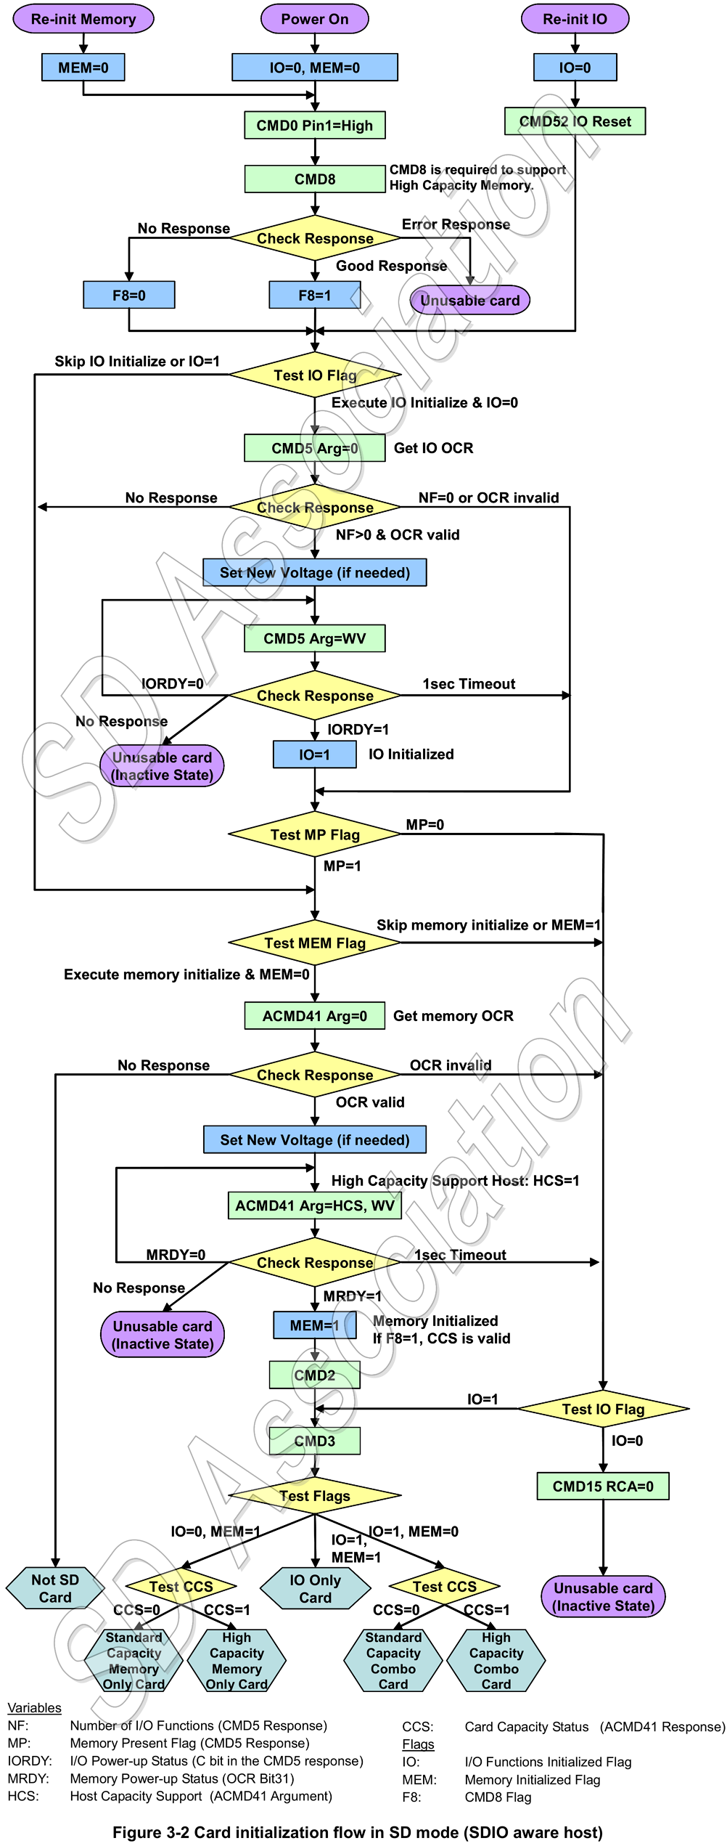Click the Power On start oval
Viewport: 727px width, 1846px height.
tap(314, 19)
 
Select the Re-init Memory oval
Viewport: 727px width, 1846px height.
tap(83, 19)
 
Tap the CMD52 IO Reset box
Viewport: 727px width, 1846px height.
tap(575, 121)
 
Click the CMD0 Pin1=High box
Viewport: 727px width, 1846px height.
tap(314, 125)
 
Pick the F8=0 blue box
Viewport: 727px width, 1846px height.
tap(128, 295)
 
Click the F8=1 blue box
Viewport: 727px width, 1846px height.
tap(314, 295)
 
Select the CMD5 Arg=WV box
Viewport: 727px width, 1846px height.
tap(314, 638)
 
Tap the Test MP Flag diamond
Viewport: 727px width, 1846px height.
tap(314, 834)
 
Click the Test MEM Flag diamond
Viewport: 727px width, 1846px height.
tap(314, 943)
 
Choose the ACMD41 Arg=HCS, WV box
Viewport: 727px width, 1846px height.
tap(314, 1205)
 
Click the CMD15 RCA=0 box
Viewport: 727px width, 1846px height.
tap(602, 1486)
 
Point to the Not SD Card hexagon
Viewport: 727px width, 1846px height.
tap(55, 1588)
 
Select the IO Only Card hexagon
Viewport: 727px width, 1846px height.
tap(315, 1588)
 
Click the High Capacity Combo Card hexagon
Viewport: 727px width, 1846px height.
tap(496, 1660)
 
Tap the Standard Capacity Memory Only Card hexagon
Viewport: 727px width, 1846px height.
tap(134, 1660)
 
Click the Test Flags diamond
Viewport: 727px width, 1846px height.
tap(314, 1496)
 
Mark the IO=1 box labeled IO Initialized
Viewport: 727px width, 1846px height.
tap(314, 754)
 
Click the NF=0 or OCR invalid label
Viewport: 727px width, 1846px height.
tap(488, 497)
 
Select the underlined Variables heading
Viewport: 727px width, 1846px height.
tap(34, 1707)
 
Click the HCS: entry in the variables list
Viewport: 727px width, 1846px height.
tap(23, 1796)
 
